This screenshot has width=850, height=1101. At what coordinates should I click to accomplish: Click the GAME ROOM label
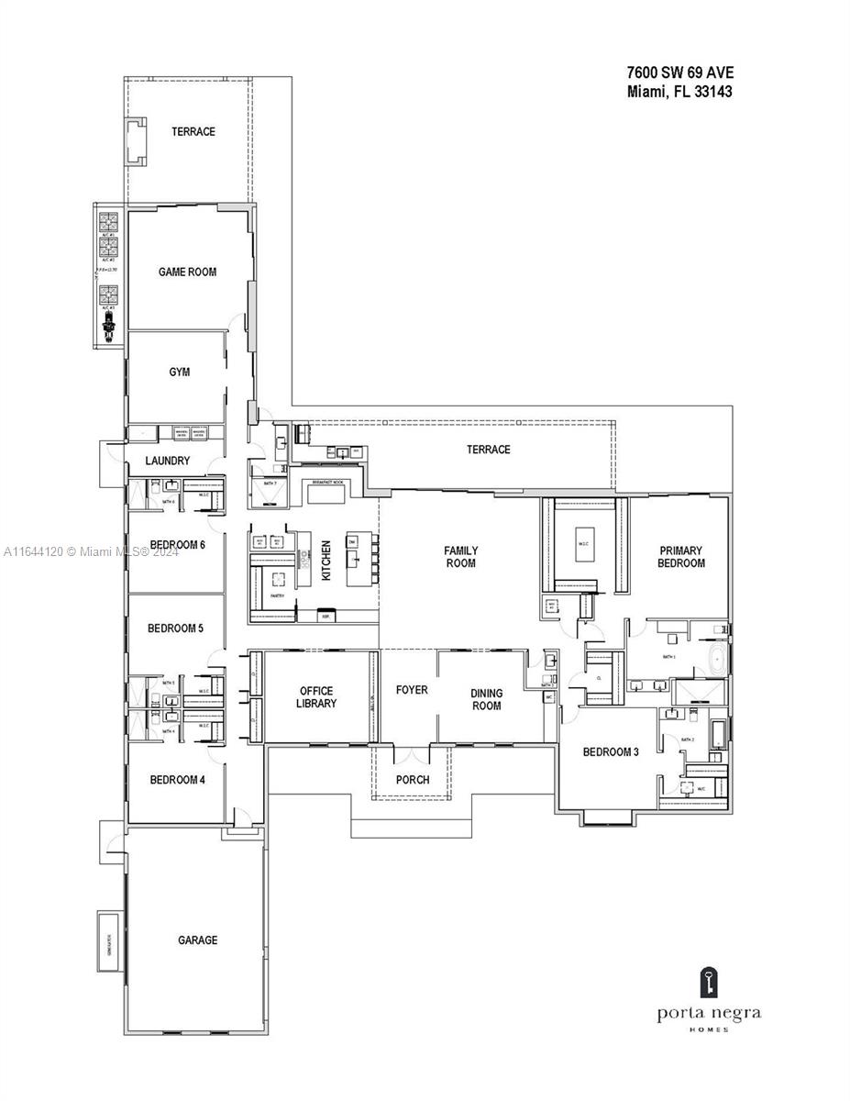click(x=187, y=272)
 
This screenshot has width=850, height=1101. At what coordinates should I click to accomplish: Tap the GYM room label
click(x=180, y=372)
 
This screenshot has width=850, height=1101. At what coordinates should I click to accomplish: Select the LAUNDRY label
click(x=167, y=461)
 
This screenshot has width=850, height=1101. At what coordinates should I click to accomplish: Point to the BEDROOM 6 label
click(x=177, y=545)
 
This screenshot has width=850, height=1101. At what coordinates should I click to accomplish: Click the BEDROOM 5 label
click(x=175, y=628)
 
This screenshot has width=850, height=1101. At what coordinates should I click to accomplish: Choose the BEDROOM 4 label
click(x=177, y=780)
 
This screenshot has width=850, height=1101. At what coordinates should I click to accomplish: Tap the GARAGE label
click(x=197, y=940)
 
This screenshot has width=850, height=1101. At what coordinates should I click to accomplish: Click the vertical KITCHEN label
click(x=326, y=560)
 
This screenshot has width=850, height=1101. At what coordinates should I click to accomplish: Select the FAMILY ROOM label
click(x=460, y=557)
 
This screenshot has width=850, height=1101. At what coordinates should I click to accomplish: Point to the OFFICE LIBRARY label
click(x=316, y=697)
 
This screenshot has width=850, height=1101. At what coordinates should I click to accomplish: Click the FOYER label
click(x=412, y=690)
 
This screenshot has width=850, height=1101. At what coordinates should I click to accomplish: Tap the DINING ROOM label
click(x=486, y=699)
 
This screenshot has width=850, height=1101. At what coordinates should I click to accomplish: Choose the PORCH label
click(x=412, y=780)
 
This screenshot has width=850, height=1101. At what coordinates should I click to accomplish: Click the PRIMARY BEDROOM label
click(x=680, y=557)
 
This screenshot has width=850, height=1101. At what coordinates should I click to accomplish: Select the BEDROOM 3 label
click(x=610, y=752)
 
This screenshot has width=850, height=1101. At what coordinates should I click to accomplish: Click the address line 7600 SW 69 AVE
click(x=679, y=72)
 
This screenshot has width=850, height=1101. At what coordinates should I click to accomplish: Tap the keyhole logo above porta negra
click(x=708, y=983)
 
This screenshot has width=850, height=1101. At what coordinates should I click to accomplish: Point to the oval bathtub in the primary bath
click(x=720, y=659)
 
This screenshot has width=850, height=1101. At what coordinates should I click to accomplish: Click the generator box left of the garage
click(x=109, y=940)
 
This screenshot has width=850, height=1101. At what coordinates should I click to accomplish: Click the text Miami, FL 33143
click(x=679, y=92)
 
